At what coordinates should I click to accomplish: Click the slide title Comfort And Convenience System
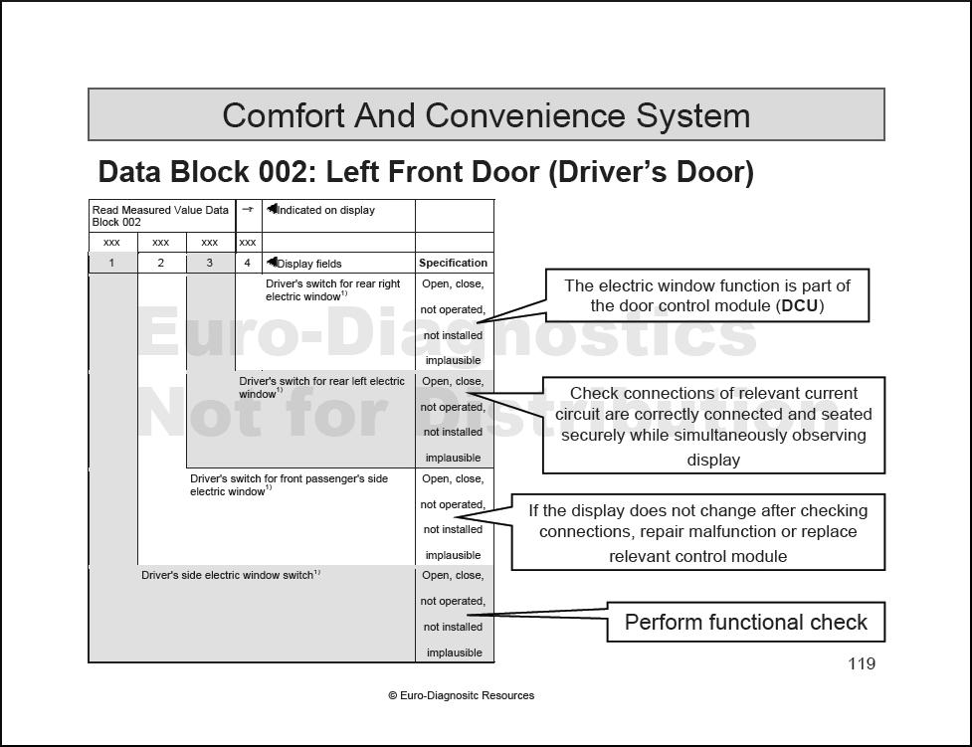tap(486, 115)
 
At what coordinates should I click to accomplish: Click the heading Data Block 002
tap(426, 172)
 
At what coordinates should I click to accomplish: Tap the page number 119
tap(862, 663)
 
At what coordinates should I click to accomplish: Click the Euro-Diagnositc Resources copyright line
tap(461, 695)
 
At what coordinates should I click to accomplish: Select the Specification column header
tap(454, 264)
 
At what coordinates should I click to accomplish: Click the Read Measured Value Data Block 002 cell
tap(160, 216)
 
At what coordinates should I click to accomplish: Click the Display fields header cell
tap(305, 264)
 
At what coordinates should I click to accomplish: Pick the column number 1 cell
tap(111, 264)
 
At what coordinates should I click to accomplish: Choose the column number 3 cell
tap(209, 264)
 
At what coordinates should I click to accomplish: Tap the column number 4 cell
tap(248, 264)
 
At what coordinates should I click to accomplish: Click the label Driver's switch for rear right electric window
tap(333, 289)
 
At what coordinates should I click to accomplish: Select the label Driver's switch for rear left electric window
tap(321, 387)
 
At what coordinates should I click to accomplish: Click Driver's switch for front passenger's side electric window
tap(289, 484)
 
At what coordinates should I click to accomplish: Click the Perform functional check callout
tap(745, 623)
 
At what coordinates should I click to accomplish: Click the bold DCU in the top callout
tap(799, 306)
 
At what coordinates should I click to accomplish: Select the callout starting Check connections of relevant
tap(713, 426)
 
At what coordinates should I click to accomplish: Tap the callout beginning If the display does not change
tap(697, 532)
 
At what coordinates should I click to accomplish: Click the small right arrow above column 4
tap(248, 210)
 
